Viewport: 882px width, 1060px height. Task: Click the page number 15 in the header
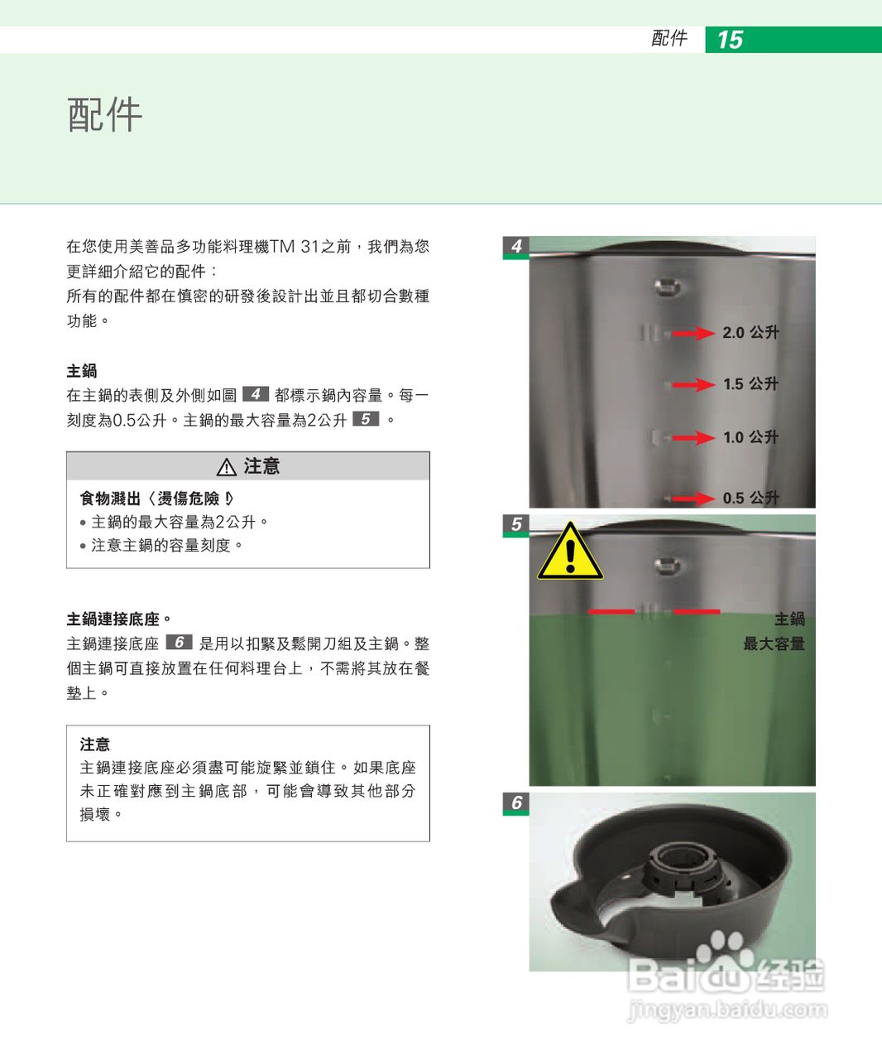(730, 40)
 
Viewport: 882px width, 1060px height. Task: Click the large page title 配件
(105, 114)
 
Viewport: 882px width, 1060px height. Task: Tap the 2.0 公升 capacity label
(750, 332)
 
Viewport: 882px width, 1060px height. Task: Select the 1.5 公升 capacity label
(750, 384)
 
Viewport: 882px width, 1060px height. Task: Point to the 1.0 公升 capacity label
(750, 437)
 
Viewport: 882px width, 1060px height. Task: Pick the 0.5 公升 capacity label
(750, 498)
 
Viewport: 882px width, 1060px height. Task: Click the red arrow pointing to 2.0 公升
(693, 333)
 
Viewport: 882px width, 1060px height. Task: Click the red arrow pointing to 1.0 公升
(693, 437)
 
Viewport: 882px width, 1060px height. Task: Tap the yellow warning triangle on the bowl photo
(570, 552)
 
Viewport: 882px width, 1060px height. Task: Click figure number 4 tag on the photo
(516, 246)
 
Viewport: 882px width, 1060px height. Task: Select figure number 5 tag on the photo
(516, 524)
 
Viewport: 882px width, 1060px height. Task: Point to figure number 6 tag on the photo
(516, 802)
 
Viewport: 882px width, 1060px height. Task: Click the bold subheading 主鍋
(82, 371)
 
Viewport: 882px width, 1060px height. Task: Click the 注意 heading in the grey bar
(261, 466)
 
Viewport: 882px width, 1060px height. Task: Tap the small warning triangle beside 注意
(226, 468)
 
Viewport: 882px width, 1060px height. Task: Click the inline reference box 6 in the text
(179, 643)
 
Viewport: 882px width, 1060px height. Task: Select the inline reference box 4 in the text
(256, 394)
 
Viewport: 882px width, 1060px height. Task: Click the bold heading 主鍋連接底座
(113, 619)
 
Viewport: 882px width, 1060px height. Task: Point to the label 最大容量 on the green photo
(774, 643)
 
